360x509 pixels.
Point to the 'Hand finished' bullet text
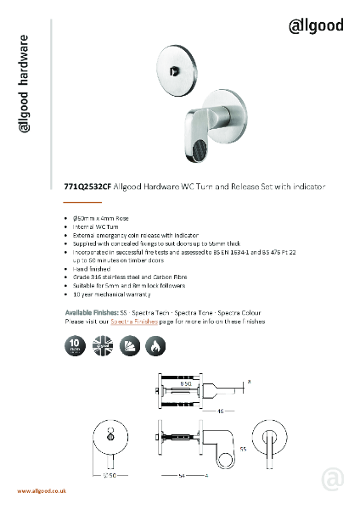tap(96, 267)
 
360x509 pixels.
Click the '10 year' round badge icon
tap(75, 345)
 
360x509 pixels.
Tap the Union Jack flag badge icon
tap(104, 345)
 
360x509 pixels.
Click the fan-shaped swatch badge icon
tap(132, 345)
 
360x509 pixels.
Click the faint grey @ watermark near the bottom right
tap(333, 480)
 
